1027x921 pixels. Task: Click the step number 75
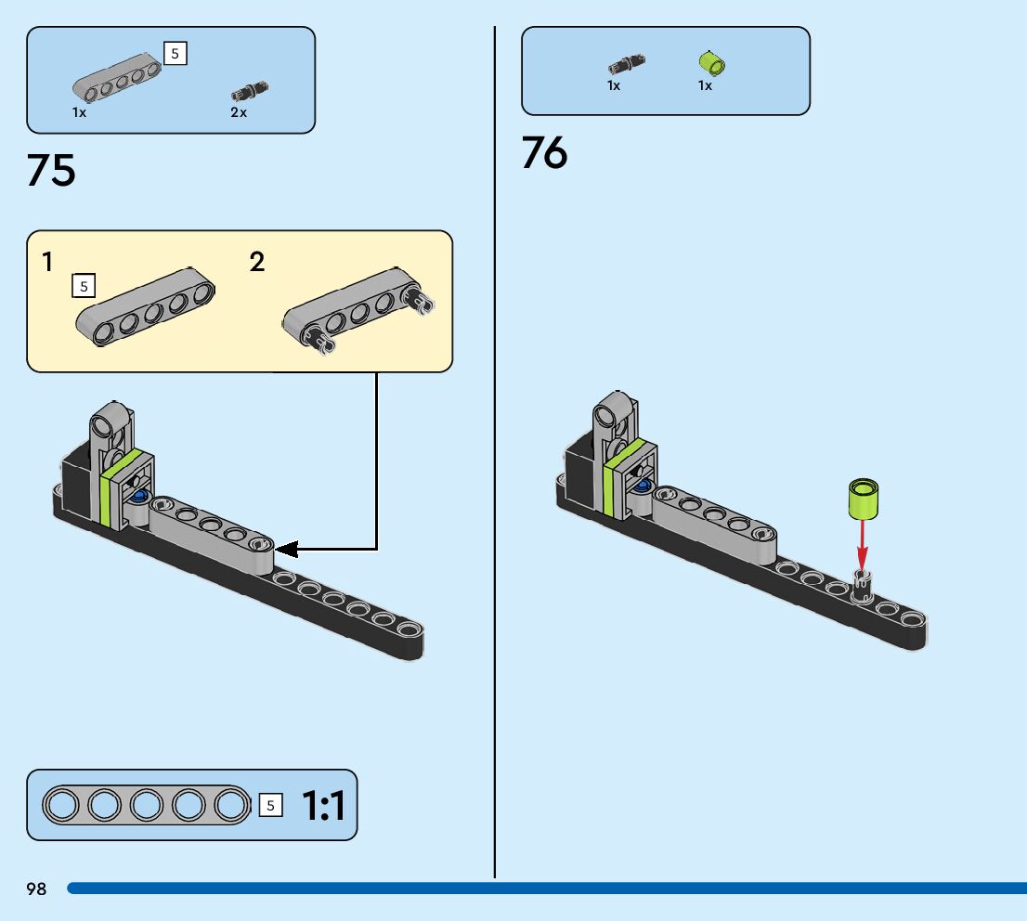[52, 171]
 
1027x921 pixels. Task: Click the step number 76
[544, 152]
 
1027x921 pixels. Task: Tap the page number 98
[36, 889]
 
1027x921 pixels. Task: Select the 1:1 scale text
[323, 805]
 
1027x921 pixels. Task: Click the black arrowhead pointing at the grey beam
[287, 550]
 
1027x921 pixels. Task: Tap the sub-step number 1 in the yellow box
[47, 263]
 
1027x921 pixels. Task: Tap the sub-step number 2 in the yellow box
[257, 263]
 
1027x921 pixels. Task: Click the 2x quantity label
[239, 112]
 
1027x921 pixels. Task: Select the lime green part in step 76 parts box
[711, 63]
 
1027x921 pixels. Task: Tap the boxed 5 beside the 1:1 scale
[270, 805]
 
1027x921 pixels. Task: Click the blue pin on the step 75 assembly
[139, 497]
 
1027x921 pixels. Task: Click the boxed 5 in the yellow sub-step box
[84, 287]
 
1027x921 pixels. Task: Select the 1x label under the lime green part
[705, 85]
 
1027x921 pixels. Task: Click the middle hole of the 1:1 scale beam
[147, 805]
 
